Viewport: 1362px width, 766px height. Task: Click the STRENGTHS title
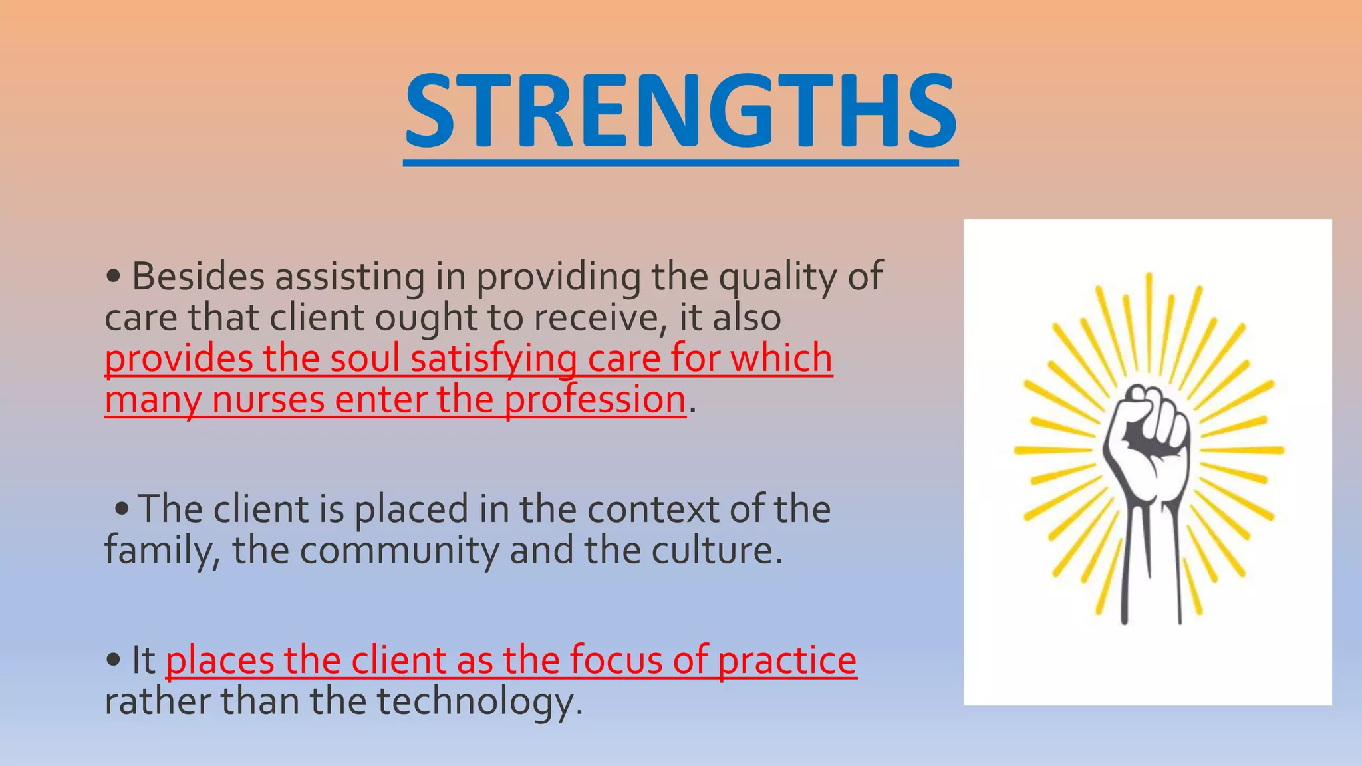tap(680, 111)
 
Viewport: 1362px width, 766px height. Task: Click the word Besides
tap(198, 277)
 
